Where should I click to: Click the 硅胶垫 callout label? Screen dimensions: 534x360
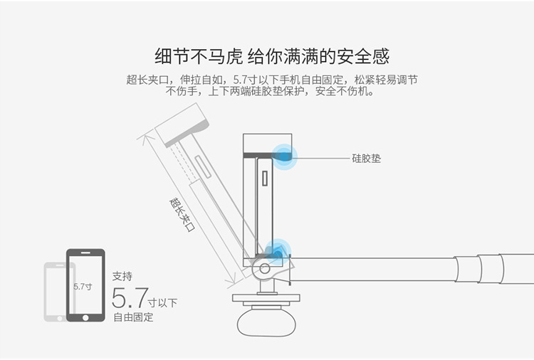(x=366, y=159)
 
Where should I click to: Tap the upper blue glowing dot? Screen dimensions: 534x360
(x=286, y=158)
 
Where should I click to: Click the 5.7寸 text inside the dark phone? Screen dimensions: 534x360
(x=83, y=286)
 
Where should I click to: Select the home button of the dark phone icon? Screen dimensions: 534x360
(x=85, y=314)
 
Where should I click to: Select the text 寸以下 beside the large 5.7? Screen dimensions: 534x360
(x=163, y=302)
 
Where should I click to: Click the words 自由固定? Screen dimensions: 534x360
(x=133, y=317)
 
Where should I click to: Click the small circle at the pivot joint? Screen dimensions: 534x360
(x=265, y=268)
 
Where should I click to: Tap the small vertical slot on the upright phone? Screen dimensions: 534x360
(x=265, y=187)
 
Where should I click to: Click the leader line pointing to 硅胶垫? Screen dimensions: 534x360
(x=320, y=158)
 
